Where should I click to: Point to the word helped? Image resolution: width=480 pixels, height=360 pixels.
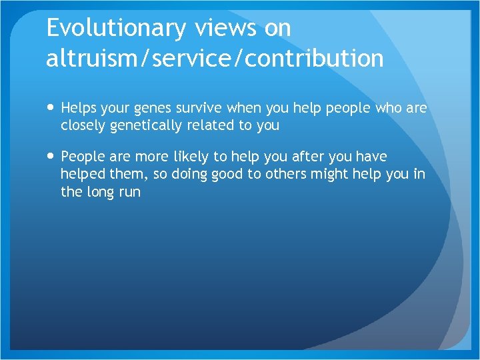(82, 175)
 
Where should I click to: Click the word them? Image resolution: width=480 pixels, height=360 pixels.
(126, 175)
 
